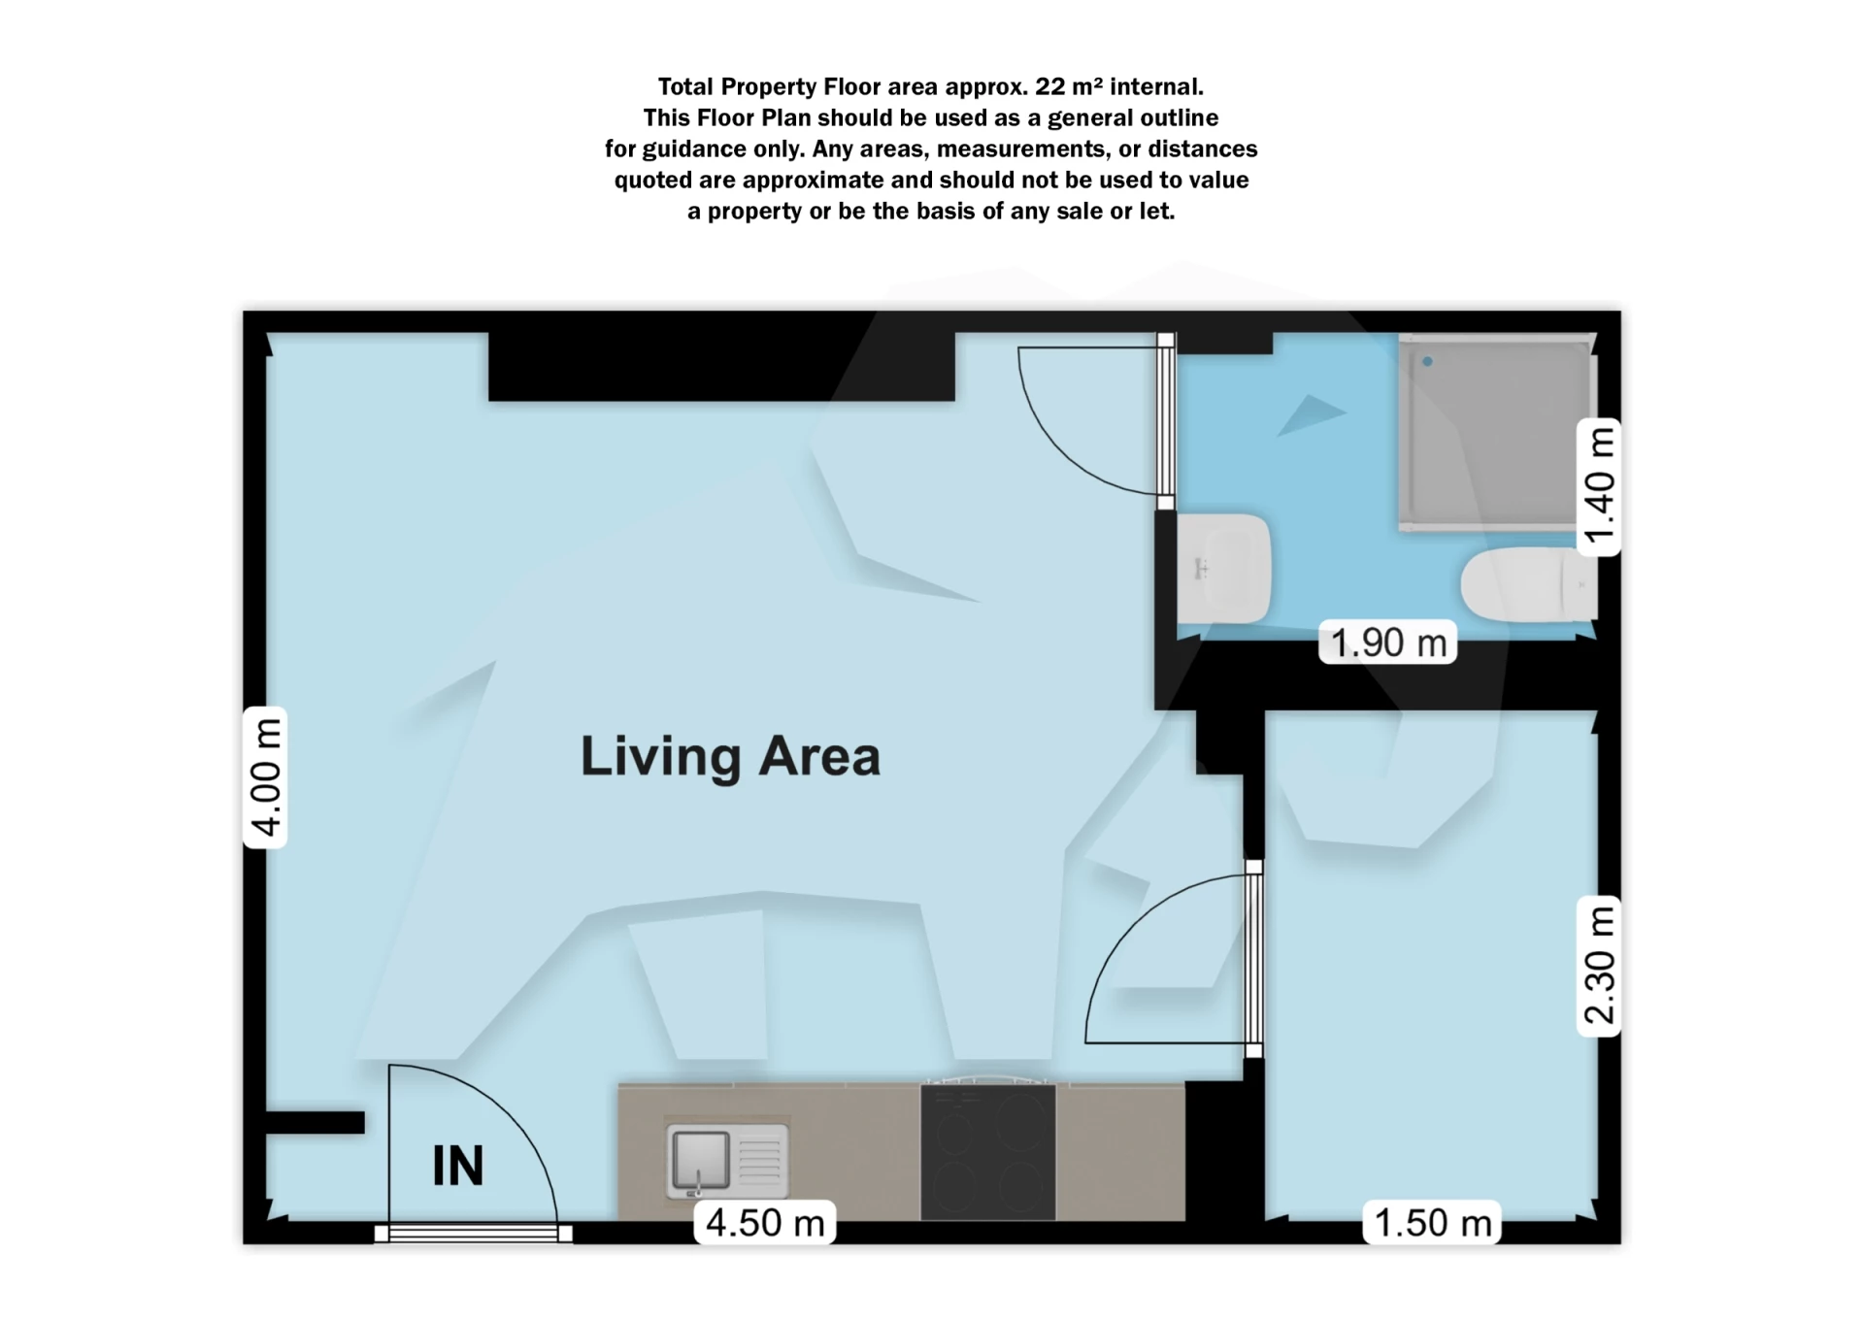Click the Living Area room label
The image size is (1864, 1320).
(730, 757)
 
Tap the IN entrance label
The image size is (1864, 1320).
(457, 1166)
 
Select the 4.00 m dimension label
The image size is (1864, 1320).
(265, 776)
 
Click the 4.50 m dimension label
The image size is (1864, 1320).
(765, 1223)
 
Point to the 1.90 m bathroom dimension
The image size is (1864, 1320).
(1387, 643)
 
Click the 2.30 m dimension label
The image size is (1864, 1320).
(1598, 966)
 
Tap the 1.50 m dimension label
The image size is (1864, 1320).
(1432, 1223)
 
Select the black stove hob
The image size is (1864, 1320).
(987, 1151)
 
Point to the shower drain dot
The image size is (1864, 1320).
(1427, 362)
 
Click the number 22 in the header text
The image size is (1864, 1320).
(1049, 86)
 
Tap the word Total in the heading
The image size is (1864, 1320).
(685, 86)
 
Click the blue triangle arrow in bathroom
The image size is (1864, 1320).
(1309, 414)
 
